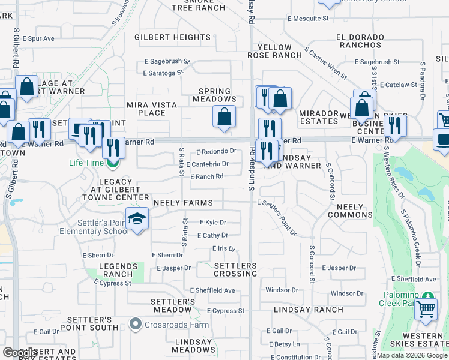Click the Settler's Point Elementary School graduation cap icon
point(137,219)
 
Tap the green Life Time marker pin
point(111,162)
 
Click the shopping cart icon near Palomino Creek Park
point(426,310)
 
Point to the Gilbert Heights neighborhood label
point(172,37)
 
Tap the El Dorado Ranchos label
point(360,41)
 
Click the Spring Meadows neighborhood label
point(218,95)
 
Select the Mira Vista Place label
point(152,109)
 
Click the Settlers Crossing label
point(235,269)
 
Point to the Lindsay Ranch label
point(308,310)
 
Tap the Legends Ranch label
point(118,270)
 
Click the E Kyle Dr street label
point(212,222)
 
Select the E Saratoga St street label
point(163,73)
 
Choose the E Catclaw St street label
point(385,85)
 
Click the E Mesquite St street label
point(308,19)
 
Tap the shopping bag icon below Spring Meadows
point(224,118)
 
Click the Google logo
point(20,352)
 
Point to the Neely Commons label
point(350,211)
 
